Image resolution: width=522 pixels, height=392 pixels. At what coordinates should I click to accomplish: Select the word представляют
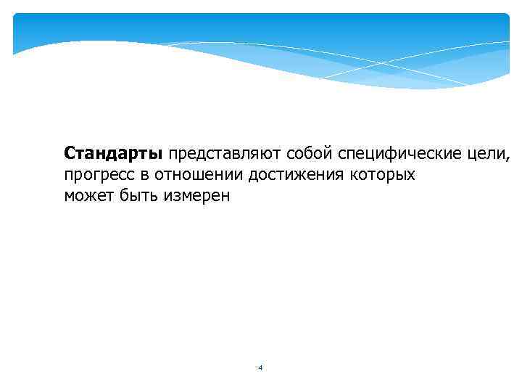point(225,155)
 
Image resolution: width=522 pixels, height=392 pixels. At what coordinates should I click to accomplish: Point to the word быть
point(136,196)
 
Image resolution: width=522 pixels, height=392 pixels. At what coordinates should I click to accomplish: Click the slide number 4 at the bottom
point(260,368)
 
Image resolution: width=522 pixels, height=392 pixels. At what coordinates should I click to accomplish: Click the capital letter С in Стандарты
point(69,155)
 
